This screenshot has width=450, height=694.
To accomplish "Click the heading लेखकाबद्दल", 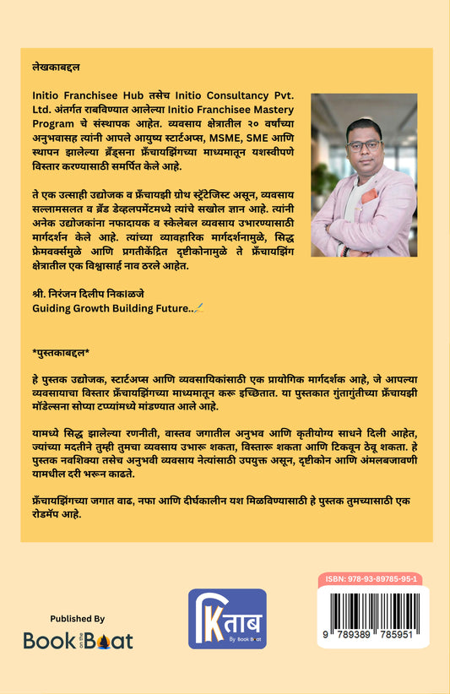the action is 52,65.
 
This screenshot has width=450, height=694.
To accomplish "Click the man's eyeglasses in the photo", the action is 364,145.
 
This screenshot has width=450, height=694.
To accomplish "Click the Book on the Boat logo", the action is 78,640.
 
